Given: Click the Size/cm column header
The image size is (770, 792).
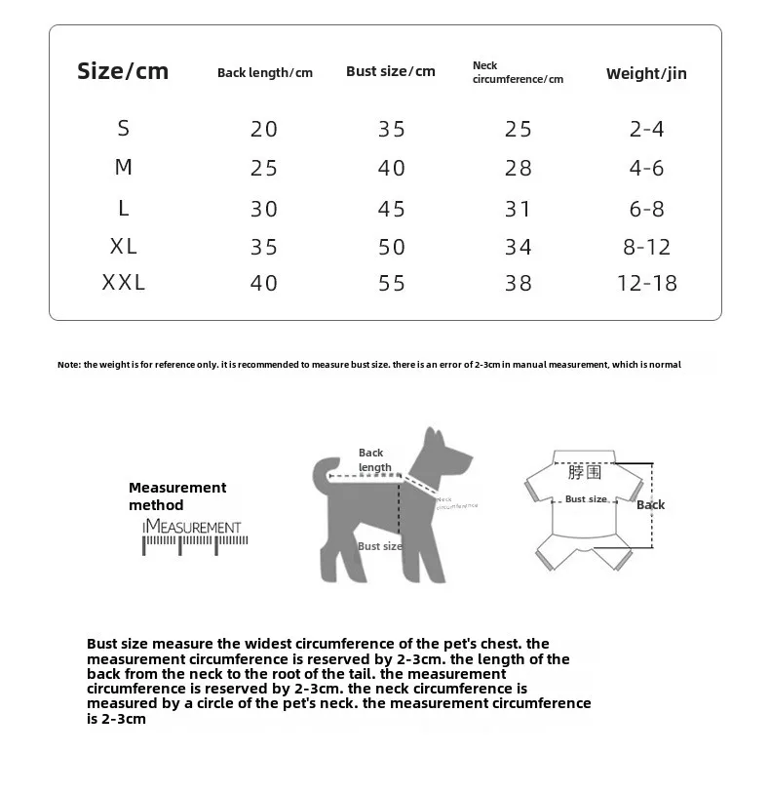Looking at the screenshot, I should point(123,71).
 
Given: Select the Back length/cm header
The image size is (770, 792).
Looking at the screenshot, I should point(264,73).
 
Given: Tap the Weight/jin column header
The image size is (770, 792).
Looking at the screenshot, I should point(646,73).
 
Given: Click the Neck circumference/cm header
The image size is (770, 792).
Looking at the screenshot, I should point(518,72).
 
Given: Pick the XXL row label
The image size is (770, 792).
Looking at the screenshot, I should point(124,283).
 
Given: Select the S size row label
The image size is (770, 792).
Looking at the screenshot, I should point(124,128).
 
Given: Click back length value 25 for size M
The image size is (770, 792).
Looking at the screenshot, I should point(264,169).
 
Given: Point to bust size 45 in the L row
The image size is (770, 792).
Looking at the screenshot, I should point(391,209).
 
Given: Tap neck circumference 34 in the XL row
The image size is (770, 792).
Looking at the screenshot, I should point(519,247).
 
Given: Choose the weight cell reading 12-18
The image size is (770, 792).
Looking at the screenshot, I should point(646,284).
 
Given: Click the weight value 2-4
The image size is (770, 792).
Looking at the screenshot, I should point(646,129).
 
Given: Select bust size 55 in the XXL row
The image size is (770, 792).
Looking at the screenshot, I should point(391,284).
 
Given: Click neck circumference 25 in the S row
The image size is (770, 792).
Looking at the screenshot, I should point(519,129).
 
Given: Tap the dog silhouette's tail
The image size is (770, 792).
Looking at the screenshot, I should point(321,475).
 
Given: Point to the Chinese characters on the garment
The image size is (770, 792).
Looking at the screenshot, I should point(585,473).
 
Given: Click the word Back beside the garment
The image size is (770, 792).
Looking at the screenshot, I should point(650,504).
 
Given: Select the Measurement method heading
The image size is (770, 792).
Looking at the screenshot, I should point(176,495).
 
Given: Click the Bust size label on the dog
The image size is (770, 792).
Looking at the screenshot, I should point(380,546).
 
